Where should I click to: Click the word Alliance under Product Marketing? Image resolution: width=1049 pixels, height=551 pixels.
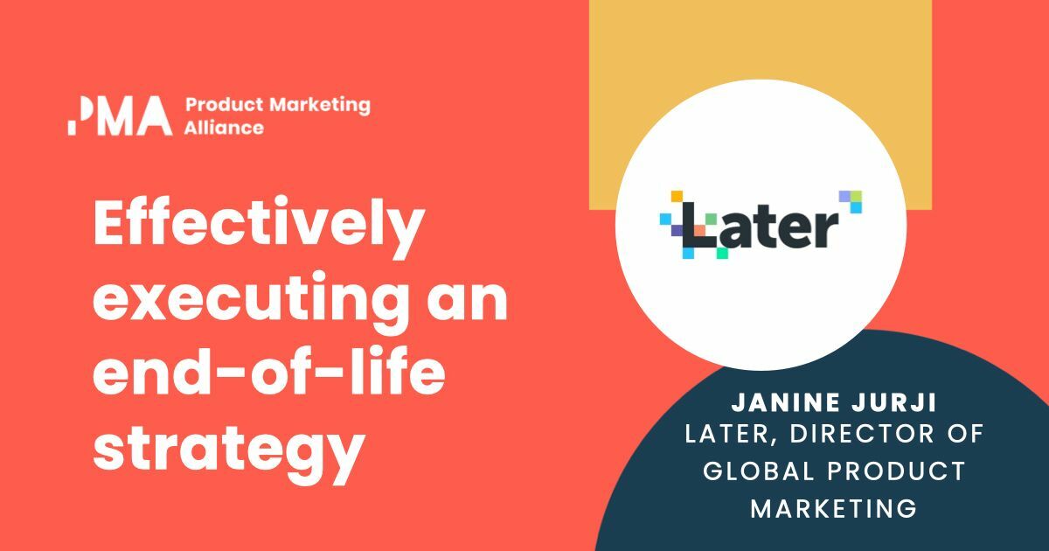pyautogui.click(x=224, y=128)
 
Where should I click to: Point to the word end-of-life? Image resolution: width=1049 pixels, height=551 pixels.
pyautogui.click(x=268, y=375)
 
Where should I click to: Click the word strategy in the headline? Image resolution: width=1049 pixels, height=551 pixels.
pyautogui.click(x=227, y=448)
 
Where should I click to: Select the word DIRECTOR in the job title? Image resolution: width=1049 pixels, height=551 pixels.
pyautogui.click(x=877, y=434)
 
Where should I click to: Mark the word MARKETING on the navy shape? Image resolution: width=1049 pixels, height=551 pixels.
pyautogui.click(x=834, y=507)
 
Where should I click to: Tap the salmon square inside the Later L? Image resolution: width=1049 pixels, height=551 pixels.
pyautogui.click(x=700, y=229)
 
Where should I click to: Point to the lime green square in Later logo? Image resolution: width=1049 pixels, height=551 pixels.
pyautogui.click(x=856, y=196)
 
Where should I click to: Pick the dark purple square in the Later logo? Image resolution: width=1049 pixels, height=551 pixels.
pyautogui.click(x=677, y=230)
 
